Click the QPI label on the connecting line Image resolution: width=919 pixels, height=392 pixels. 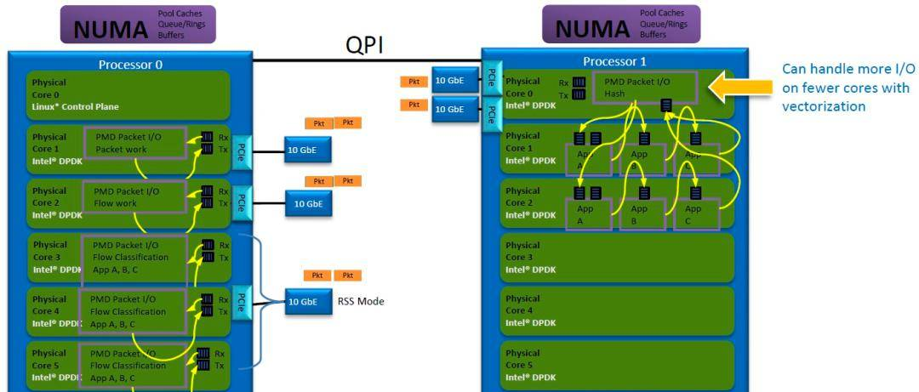[x=364, y=45]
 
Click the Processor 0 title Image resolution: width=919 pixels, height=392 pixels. [x=130, y=64]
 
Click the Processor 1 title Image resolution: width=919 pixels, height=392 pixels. [x=614, y=61]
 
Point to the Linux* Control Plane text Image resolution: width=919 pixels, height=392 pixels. [x=75, y=106]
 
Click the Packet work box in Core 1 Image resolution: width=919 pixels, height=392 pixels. [x=134, y=143]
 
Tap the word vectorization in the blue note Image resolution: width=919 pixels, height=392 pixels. [x=824, y=106]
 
